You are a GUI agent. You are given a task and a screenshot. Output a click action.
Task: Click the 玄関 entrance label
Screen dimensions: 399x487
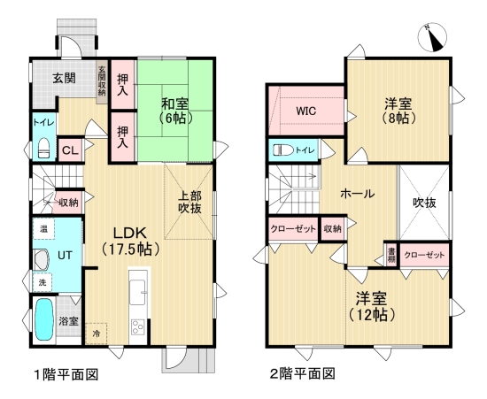click(63, 78)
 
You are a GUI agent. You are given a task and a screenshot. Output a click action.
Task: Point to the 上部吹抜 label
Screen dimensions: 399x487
click(190, 203)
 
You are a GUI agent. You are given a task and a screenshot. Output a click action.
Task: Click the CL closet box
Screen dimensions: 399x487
click(69, 150)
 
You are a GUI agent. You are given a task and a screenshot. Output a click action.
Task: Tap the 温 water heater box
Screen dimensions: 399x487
click(43, 230)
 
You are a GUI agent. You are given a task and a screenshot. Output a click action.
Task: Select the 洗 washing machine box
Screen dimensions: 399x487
click(43, 282)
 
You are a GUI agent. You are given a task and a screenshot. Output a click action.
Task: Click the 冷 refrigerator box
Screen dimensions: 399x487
click(97, 334)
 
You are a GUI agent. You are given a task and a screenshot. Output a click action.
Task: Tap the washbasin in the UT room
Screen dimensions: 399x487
click(41, 259)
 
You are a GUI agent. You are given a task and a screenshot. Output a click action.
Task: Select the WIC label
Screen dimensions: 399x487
click(305, 112)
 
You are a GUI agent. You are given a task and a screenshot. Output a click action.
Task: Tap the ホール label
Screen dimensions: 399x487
click(356, 193)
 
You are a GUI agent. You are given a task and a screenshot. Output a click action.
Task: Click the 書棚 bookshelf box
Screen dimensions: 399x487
click(391, 255)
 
